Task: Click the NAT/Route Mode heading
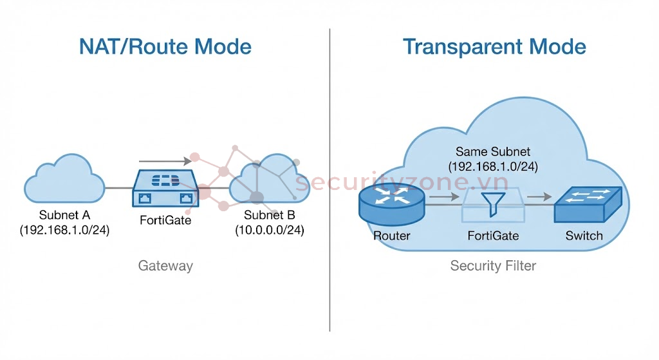[165, 47]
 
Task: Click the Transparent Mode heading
[494, 47]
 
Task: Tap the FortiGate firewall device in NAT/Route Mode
[165, 187]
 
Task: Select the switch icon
[588, 204]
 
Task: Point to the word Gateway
[165, 265]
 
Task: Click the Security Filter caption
[492, 265]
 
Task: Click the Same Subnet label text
[492, 152]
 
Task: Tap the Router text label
[391, 236]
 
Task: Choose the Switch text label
[584, 236]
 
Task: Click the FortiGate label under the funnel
[492, 236]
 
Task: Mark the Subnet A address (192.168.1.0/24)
[64, 230]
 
